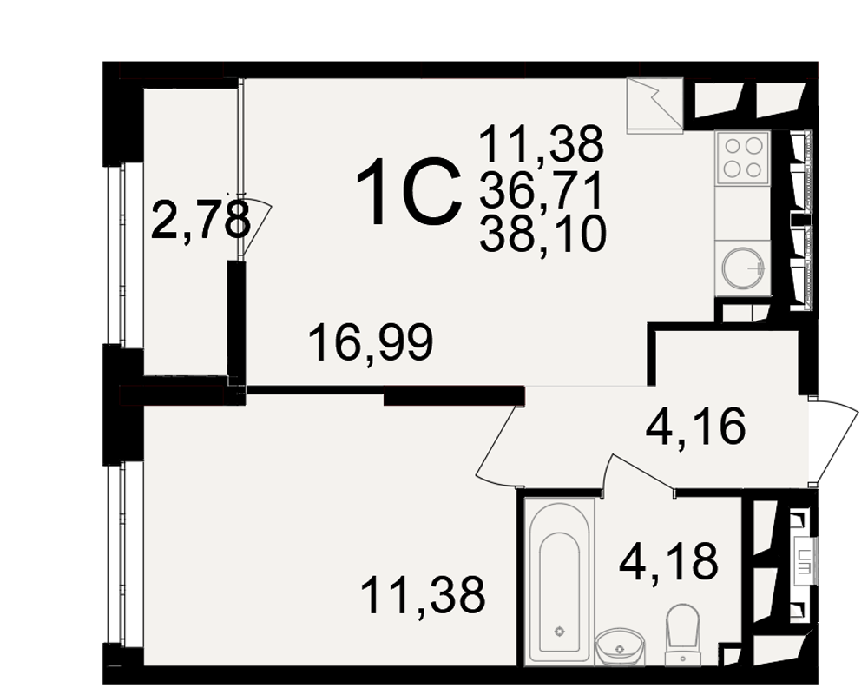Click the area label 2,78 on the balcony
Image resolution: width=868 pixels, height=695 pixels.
(x=200, y=221)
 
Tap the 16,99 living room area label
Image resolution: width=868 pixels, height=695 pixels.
(x=371, y=343)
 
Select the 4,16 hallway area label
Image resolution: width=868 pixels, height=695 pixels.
(x=696, y=427)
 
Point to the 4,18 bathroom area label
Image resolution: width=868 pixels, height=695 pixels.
(x=668, y=561)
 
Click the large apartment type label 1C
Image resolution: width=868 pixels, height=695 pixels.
(x=410, y=192)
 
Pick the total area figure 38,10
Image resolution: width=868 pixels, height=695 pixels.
(x=542, y=234)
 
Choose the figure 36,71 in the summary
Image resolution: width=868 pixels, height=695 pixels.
(x=542, y=189)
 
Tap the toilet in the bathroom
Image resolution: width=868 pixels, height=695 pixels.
(x=683, y=633)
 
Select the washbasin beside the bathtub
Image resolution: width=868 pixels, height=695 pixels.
(x=620, y=646)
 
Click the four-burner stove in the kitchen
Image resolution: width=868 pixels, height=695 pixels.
(x=743, y=157)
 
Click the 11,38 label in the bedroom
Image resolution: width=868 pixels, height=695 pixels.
(x=423, y=595)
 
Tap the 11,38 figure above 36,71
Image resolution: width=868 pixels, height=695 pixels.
(x=542, y=143)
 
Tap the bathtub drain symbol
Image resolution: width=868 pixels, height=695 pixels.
(x=560, y=632)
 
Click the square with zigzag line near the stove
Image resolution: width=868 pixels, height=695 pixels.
(x=654, y=106)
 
